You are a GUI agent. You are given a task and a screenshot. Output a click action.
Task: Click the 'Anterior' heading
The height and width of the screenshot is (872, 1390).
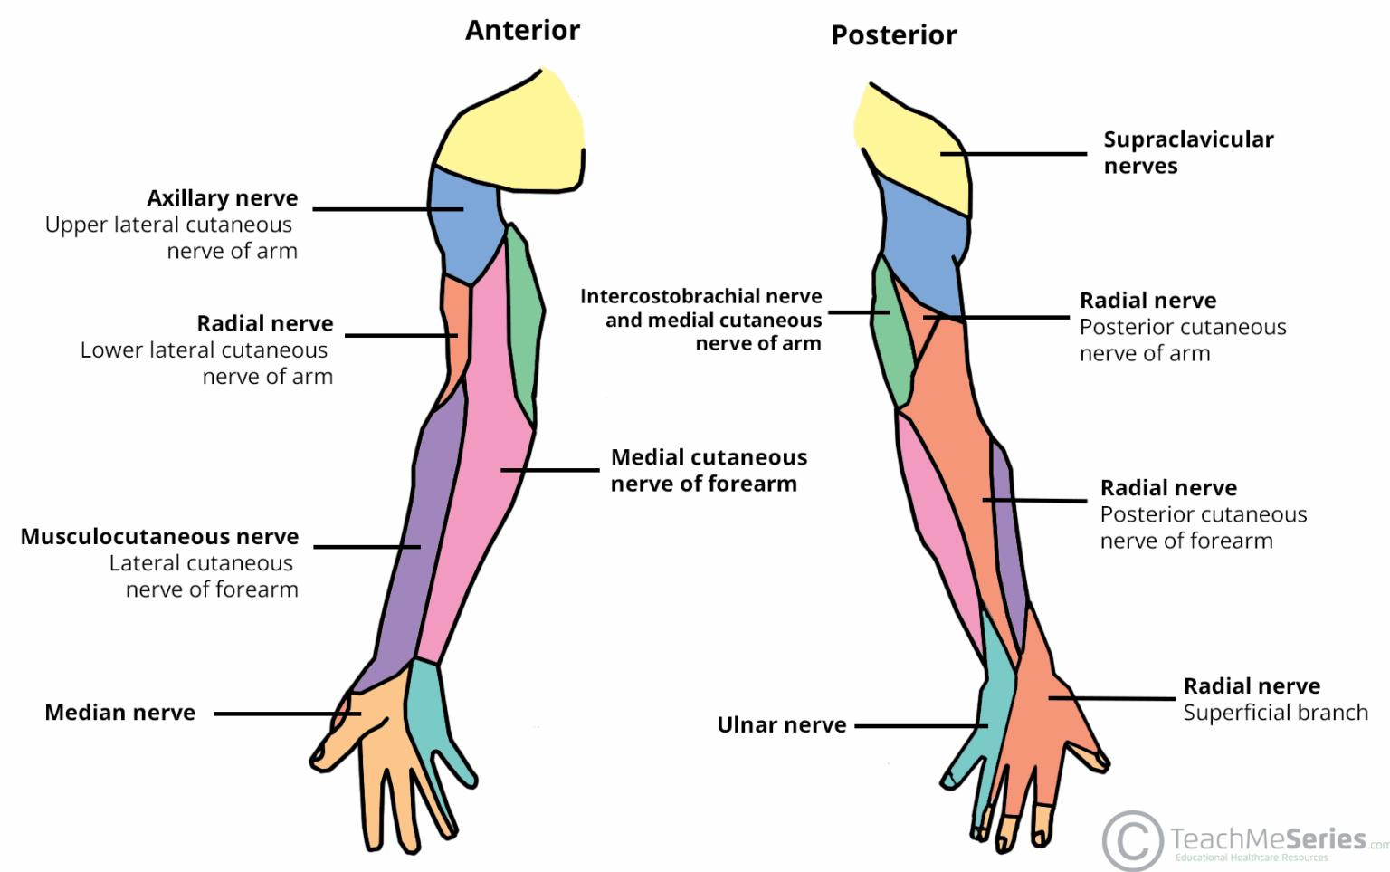pyautogui.click(x=522, y=31)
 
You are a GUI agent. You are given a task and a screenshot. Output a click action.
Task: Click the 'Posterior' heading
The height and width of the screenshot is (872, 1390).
pyautogui.click(x=893, y=35)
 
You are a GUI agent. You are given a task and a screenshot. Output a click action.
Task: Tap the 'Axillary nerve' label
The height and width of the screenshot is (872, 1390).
pyautogui.click(x=222, y=198)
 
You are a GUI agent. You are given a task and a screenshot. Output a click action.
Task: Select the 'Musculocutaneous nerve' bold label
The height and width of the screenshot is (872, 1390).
pyautogui.click(x=159, y=537)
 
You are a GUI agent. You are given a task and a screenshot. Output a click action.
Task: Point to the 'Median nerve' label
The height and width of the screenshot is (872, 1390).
pyautogui.click(x=119, y=713)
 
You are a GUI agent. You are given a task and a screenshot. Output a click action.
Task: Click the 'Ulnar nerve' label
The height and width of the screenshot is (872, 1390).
pyautogui.click(x=781, y=725)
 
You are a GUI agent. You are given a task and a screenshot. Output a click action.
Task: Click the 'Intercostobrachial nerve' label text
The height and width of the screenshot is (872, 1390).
pyautogui.click(x=700, y=297)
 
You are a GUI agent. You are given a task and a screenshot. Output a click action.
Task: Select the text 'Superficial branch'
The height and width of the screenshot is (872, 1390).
pyautogui.click(x=1275, y=713)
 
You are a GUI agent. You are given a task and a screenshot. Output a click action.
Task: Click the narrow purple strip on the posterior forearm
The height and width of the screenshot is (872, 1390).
pyautogui.click(x=1010, y=534)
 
